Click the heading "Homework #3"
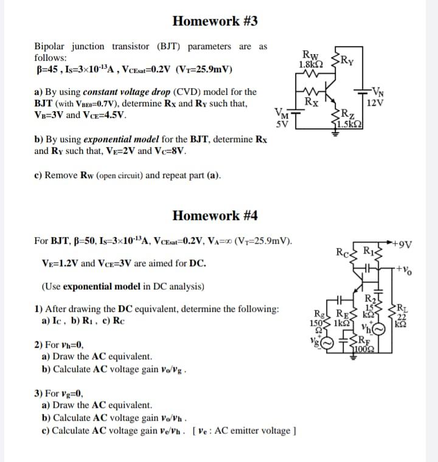(215, 21)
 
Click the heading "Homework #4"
(215, 216)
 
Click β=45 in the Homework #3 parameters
(47, 69)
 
